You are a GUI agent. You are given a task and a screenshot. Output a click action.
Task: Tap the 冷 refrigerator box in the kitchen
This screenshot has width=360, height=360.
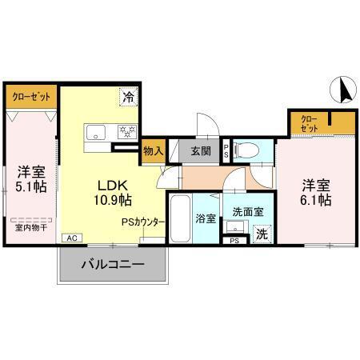pyautogui.click(x=129, y=98)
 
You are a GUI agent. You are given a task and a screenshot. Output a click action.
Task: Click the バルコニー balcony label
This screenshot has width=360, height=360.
pyautogui.click(x=113, y=264)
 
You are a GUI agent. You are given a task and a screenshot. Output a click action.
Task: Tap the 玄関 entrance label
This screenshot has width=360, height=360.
pyautogui.click(x=200, y=149)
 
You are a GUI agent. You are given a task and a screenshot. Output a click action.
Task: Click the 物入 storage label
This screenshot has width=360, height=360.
pyautogui.click(x=152, y=150)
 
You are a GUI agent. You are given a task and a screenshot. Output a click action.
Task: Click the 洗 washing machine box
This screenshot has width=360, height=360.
pyautogui.click(x=261, y=234)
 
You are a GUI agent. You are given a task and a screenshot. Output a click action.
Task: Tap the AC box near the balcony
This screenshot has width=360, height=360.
pyautogui.click(x=71, y=238)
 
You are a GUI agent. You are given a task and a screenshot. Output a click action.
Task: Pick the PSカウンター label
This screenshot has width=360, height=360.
pyautogui.click(x=144, y=222)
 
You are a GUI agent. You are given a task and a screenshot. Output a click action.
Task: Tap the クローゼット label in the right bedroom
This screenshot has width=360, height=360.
pyautogui.click(x=310, y=124)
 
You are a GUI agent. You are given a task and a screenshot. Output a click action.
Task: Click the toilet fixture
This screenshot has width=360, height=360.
pyautogui.click(x=251, y=150)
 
